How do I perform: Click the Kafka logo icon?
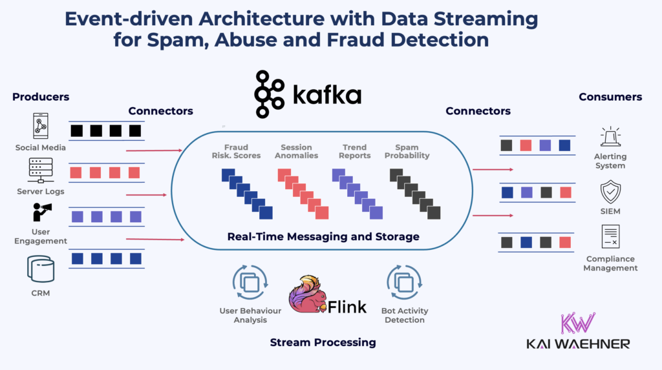pos(270,94)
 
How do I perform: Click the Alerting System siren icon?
pos(610,137)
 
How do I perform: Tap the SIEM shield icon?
pos(610,192)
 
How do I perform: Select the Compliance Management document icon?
pos(610,237)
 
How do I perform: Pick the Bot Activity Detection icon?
pos(404,283)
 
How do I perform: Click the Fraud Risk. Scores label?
pos(236,151)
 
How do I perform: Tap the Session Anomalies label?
pos(296,151)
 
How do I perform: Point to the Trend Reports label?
pos(355,151)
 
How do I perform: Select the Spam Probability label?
pos(412,151)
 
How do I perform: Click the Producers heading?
pos(41,97)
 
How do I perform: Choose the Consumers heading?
pos(610,97)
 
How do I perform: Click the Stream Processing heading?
pos(323,342)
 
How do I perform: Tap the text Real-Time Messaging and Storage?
pos(323,236)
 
